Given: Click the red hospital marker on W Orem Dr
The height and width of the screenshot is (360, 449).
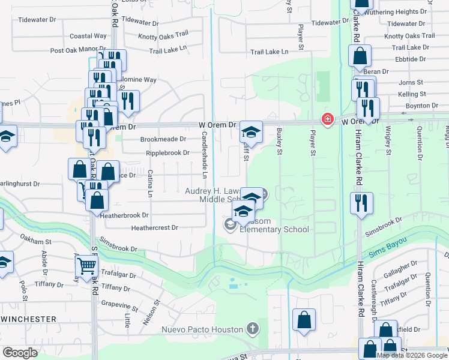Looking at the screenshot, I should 327,119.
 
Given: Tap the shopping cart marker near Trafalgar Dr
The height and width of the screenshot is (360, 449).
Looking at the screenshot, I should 87,264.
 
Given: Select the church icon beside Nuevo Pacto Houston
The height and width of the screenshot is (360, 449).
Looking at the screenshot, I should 253,329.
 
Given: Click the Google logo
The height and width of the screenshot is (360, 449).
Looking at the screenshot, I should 20,353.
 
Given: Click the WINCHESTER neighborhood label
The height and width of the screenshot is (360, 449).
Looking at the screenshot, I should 28,319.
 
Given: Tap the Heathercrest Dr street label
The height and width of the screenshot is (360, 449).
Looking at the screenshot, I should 155,228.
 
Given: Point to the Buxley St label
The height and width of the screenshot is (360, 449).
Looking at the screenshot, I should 279,142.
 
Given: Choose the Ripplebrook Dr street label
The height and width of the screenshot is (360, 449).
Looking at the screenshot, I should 168,153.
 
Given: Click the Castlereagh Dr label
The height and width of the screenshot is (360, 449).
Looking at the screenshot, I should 373,300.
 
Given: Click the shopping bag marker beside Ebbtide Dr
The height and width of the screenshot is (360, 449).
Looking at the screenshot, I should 360,58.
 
